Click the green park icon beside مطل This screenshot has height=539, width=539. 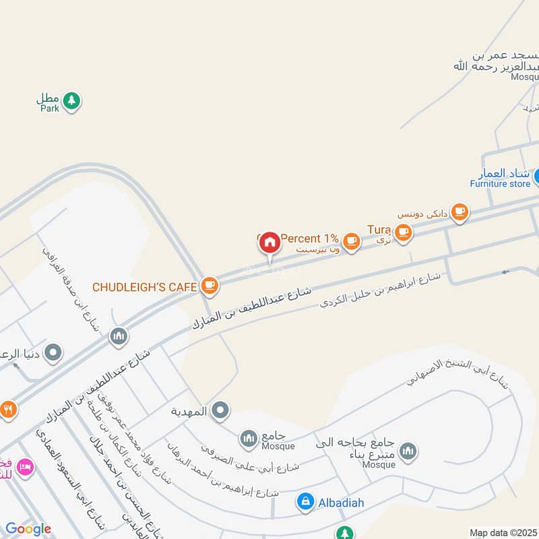click(x=72, y=102)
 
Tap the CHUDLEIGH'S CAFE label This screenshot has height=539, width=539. click(x=144, y=287)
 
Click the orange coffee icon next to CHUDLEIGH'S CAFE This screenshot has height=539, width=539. click(x=210, y=286)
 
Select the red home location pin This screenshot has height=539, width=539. click(x=269, y=243)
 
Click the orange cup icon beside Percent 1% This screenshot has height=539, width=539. click(x=351, y=240)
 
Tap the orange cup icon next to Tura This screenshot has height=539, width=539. click(x=403, y=232)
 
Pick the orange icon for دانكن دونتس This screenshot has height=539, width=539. click(x=459, y=212)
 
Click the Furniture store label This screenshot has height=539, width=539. click(x=500, y=183)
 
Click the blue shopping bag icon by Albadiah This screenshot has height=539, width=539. click(x=305, y=501)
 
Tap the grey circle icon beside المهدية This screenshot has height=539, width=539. click(x=220, y=410)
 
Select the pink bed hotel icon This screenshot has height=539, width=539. click(x=25, y=466)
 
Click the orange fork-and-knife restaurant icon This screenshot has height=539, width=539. click(x=8, y=409)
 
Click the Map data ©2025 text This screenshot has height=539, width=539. click(x=503, y=532)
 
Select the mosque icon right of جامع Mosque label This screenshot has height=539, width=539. click(x=249, y=439)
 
